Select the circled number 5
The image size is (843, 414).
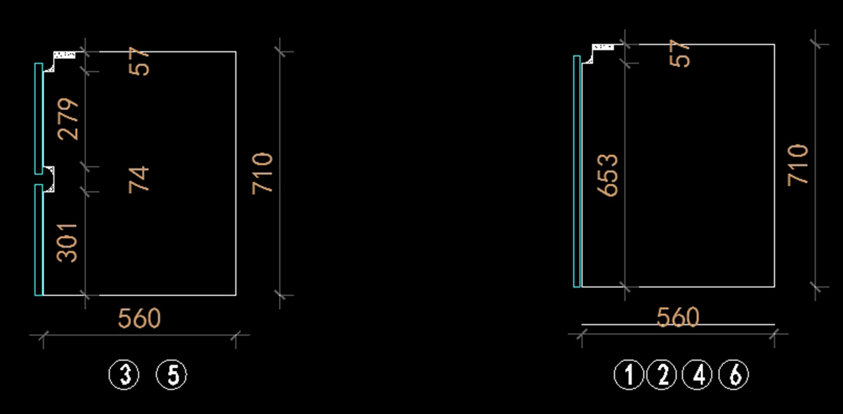coord(172,375)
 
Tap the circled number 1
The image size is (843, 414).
coord(629,375)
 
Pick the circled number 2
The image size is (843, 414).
coord(662,375)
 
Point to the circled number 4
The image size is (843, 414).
coord(699,375)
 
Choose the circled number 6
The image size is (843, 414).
coord(734,375)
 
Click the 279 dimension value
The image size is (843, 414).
coord(68,119)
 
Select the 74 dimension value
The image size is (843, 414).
coord(139,179)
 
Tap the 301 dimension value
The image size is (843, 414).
coord(68,242)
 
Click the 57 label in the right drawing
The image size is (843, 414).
coord(679,53)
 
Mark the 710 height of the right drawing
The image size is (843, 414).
coord(797,165)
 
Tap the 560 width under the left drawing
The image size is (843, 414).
coord(139,319)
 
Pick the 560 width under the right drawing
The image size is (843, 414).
coord(678,318)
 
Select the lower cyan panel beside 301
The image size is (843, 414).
coord(39,239)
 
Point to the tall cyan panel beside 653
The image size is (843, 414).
coord(577,172)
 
